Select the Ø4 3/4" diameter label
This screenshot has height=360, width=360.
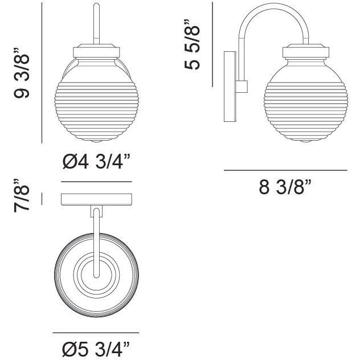[96, 163]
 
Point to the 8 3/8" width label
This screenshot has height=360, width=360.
[285, 187]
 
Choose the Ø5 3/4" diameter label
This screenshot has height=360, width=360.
[96, 347]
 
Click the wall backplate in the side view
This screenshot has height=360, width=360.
[230, 87]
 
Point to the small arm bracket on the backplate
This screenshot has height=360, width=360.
[242, 87]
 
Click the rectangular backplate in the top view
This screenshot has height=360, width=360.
[96, 199]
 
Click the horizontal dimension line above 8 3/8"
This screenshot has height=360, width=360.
[285, 170]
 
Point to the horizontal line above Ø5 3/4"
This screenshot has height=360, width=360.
[96, 333]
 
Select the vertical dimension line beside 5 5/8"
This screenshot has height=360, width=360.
[212, 43]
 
